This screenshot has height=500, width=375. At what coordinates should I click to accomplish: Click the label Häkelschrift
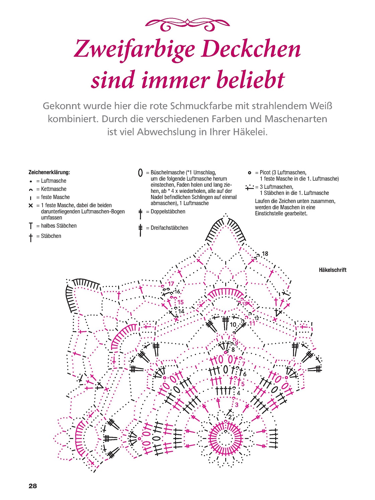pos(332,270)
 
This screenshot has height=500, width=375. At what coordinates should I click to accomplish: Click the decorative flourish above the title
pos(187,25)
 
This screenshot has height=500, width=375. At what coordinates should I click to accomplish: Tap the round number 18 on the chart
pos(265,254)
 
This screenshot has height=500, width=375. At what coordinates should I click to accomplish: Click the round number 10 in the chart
pos(233,325)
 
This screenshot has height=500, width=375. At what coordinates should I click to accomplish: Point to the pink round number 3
pos(237,405)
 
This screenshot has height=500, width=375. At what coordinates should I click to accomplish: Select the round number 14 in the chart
pos(181,311)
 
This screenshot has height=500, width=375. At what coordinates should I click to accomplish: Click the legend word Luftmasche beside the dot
pos(54,181)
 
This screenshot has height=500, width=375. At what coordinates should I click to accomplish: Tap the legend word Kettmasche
pos(54,189)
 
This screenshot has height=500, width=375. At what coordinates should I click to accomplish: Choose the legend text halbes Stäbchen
pos(59,226)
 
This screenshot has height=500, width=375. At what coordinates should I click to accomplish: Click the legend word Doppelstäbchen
pos(168,212)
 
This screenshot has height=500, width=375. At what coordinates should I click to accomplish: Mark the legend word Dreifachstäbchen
pos(169,228)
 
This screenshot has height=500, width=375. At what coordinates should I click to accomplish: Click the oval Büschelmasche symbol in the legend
pos(141,173)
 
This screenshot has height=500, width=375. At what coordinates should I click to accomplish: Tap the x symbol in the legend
pos(31,206)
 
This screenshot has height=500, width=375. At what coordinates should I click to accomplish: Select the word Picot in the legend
pos(265,172)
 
